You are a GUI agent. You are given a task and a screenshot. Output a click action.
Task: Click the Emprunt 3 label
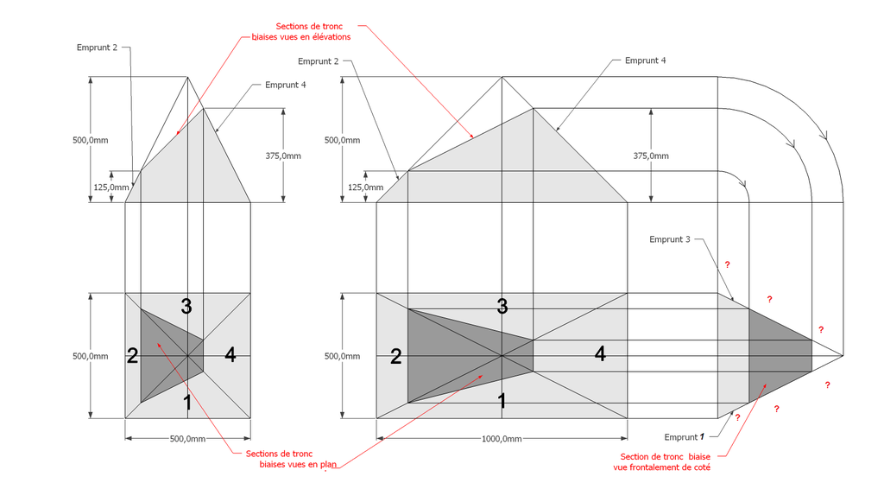click(669, 239)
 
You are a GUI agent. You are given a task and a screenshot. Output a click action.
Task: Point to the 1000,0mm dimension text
click(502, 438)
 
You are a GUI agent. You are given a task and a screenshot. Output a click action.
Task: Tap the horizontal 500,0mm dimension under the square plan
click(187, 438)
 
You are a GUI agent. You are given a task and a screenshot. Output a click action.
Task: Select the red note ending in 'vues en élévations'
click(301, 32)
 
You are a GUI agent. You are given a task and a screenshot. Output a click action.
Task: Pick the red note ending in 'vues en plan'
click(291, 460)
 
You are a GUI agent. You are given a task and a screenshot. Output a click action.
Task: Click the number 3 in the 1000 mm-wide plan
click(502, 307)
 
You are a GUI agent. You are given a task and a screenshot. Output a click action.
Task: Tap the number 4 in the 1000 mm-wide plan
click(601, 353)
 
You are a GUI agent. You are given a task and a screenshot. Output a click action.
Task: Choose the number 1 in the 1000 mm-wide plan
click(502, 401)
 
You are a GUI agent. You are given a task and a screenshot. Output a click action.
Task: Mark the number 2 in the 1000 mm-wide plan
click(395, 357)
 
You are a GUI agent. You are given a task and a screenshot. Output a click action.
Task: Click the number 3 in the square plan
click(186, 307)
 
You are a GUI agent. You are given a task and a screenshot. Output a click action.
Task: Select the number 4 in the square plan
click(230, 355)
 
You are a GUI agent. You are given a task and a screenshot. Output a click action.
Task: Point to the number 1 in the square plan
click(187, 403)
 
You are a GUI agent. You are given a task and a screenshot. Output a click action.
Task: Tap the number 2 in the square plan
click(132, 356)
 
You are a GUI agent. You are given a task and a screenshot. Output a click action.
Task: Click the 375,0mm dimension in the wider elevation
click(651, 156)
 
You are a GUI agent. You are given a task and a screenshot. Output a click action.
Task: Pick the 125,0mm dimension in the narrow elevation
click(111, 187)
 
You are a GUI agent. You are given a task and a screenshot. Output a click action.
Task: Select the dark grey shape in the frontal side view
click(780, 355)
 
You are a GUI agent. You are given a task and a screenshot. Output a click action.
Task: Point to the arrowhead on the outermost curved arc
click(825, 136)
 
